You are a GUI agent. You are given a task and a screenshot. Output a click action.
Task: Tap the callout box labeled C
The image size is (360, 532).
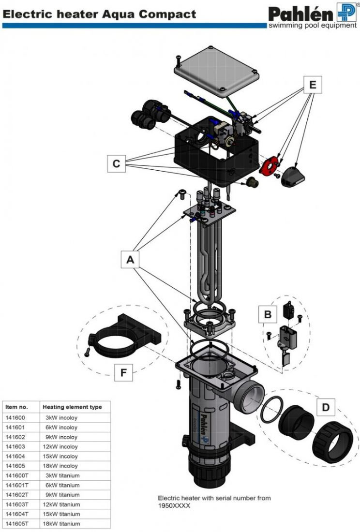click(x=116, y=163)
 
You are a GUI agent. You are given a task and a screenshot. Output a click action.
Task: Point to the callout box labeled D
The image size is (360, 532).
click(x=326, y=408)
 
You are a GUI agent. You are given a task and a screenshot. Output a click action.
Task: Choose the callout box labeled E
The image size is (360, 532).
click(x=313, y=85)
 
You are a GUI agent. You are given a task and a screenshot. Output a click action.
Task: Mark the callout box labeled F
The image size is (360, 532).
click(x=123, y=373)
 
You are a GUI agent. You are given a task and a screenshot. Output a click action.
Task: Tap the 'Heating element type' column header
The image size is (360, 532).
click(x=72, y=407)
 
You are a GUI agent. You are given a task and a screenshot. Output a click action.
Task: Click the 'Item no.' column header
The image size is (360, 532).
click(x=17, y=407)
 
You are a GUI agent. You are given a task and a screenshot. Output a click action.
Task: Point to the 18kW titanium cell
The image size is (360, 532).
click(x=62, y=523)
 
